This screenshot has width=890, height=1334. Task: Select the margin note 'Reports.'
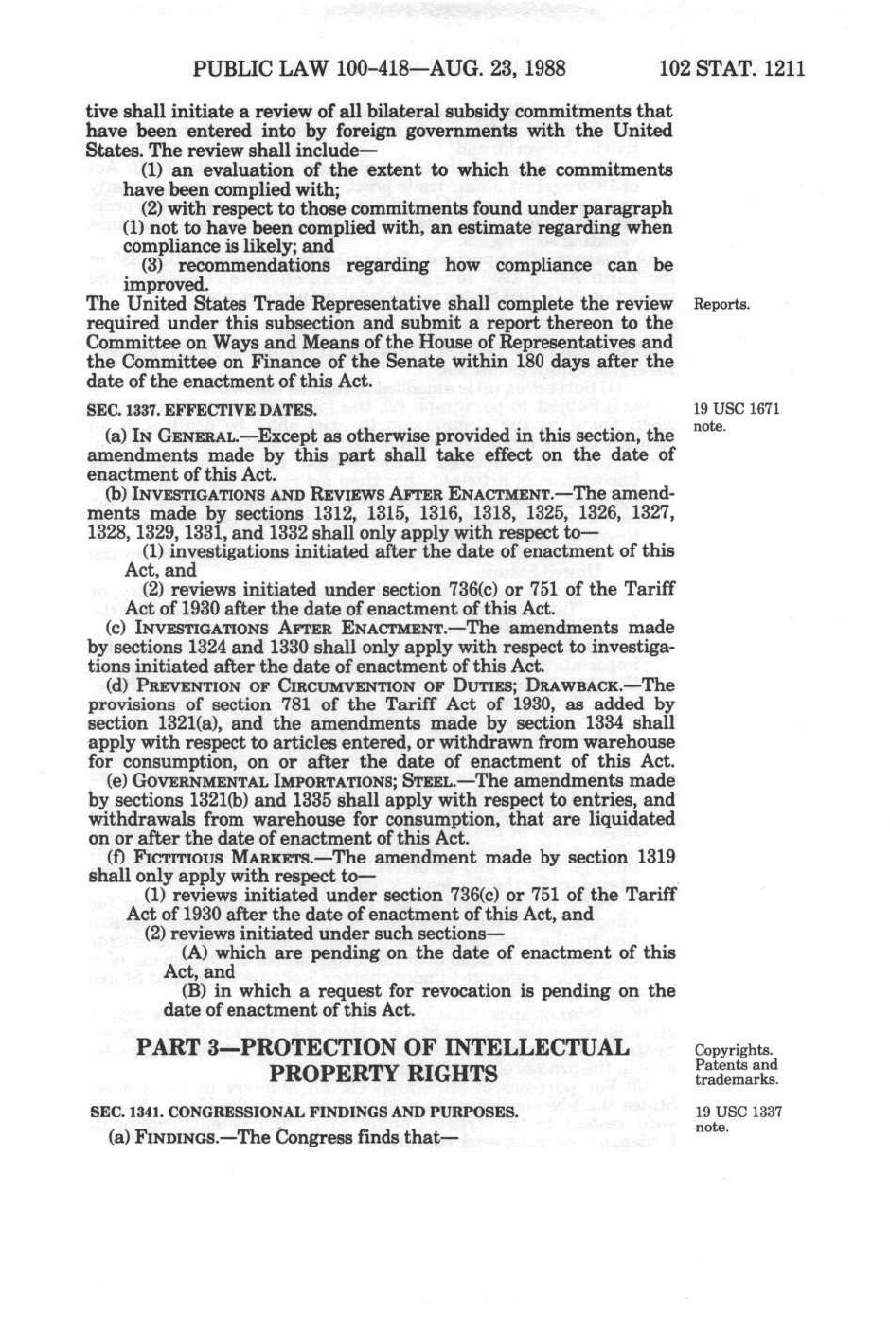pos(721,305)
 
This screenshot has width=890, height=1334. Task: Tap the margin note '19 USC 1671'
pos(737,410)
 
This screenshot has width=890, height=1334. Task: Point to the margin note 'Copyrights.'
pos(734,1050)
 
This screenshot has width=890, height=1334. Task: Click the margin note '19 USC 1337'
pos(738,1112)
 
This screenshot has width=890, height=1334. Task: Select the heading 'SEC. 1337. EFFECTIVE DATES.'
pos(202,410)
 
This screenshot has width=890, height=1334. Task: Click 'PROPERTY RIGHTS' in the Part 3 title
pos(383,1075)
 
